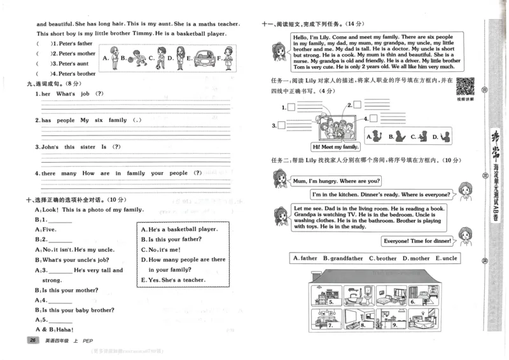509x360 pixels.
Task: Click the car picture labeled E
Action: coord(204,58)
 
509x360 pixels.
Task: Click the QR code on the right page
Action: coord(466,86)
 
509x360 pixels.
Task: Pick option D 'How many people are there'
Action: coord(183,260)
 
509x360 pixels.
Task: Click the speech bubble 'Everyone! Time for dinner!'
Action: coord(417,240)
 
